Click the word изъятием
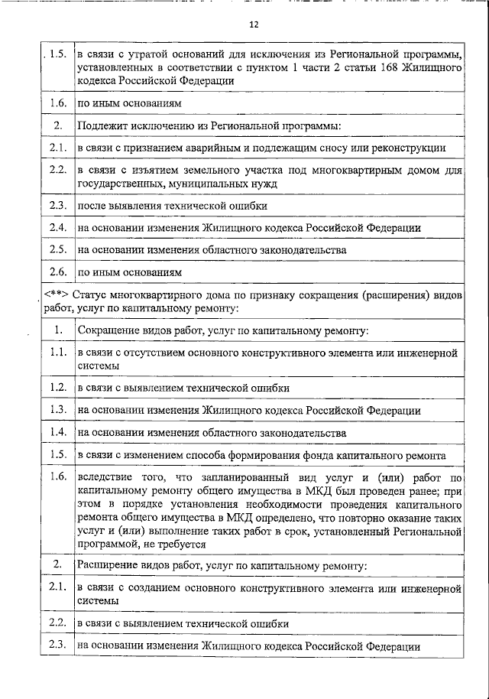click(x=138, y=170)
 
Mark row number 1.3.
click(x=55, y=410)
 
